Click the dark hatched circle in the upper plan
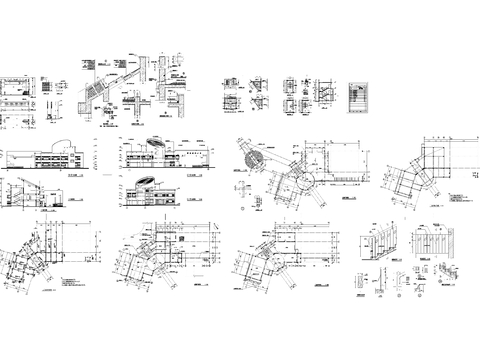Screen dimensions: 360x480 (253, 157)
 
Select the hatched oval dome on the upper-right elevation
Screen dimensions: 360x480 (157, 140)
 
